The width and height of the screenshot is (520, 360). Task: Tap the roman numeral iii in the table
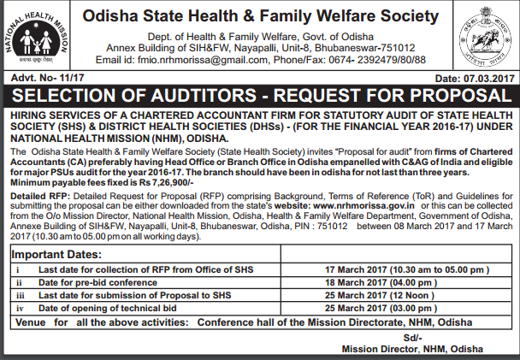tap(19, 293)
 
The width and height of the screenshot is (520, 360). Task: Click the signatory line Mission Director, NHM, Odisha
tap(411, 350)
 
